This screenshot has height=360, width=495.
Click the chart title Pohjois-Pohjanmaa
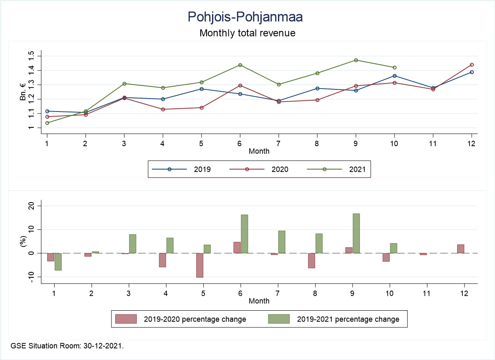[245, 17]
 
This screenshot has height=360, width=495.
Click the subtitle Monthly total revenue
[247, 33]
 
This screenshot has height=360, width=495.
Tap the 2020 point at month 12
[472, 65]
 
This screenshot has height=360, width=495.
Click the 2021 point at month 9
[356, 60]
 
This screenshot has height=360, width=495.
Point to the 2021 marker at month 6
[240, 65]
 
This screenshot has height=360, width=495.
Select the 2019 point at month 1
[47, 112]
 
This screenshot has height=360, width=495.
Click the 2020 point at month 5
[202, 108]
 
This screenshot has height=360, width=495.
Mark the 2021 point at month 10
[394, 68]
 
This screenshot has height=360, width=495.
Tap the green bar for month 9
[356, 233]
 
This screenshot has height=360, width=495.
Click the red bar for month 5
[200, 265]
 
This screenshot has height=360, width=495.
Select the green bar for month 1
[58, 261]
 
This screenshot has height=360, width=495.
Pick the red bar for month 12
[460, 249]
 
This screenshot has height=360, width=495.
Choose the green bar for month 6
[244, 234]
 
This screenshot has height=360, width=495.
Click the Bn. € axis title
[23, 92]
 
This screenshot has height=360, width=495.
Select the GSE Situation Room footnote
[67, 346]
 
